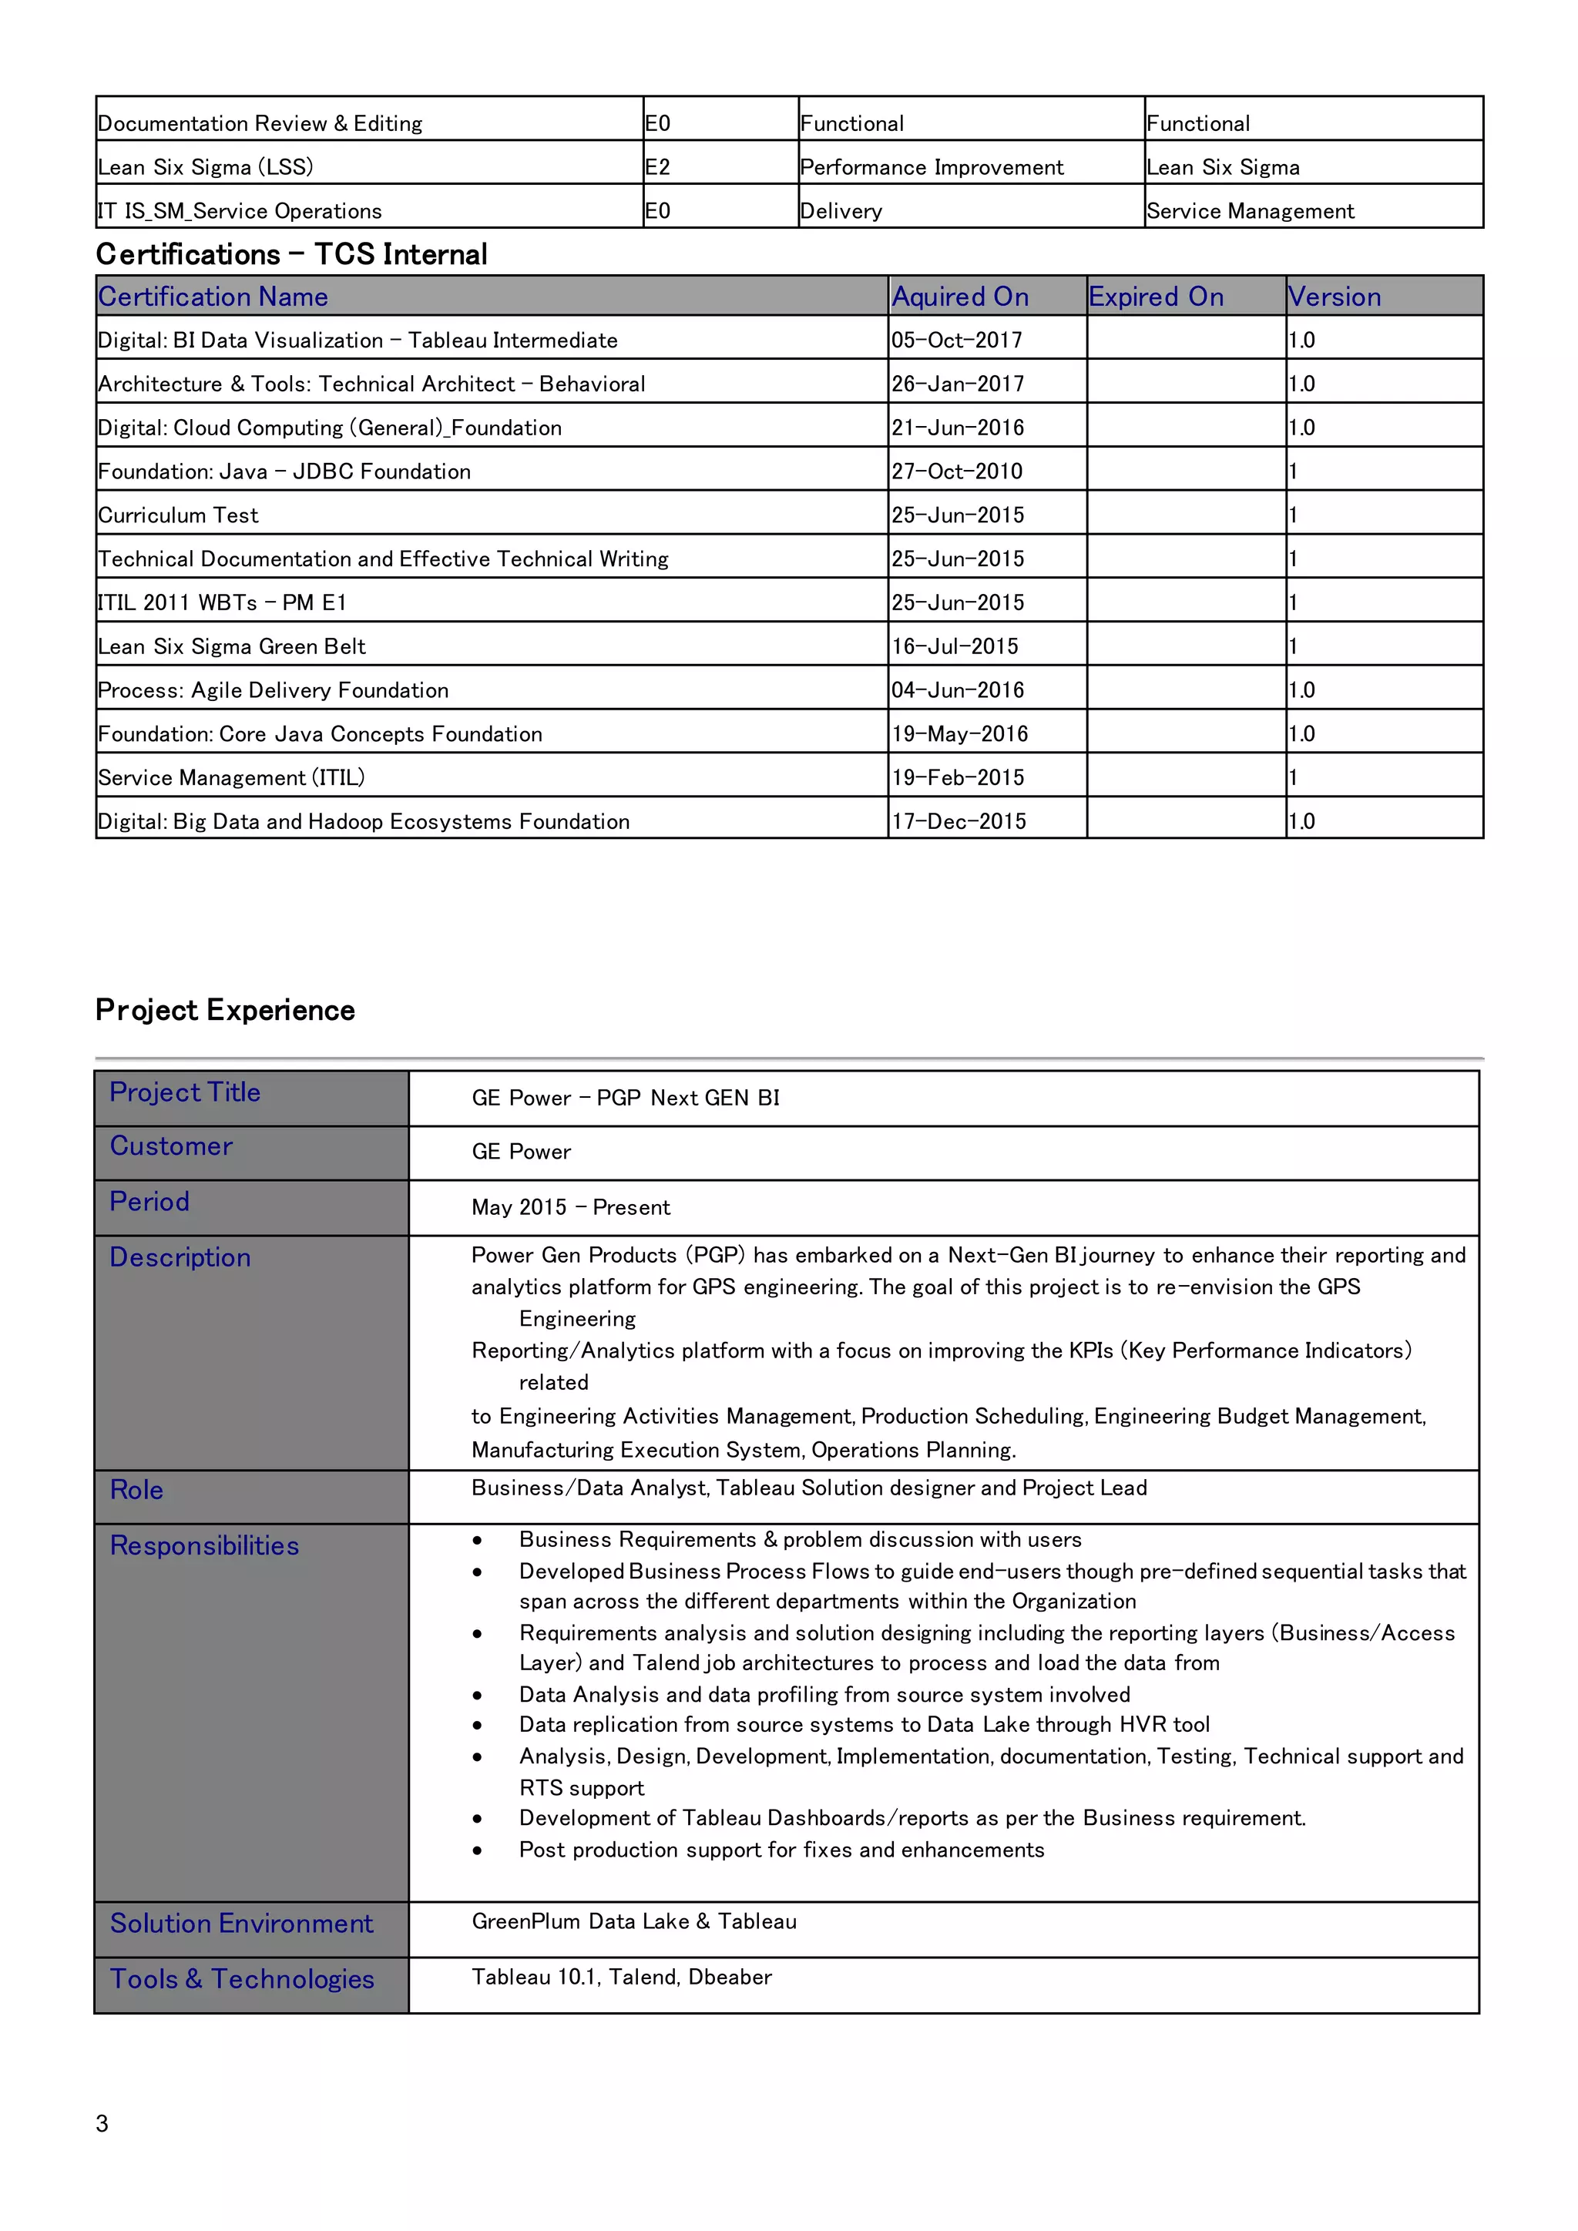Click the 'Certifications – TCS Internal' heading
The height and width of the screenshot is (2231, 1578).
coord(291,254)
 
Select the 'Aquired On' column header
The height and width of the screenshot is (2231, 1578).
coord(959,297)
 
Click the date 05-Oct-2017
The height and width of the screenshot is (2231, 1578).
coord(956,340)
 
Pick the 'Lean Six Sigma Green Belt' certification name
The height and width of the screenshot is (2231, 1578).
coord(231,646)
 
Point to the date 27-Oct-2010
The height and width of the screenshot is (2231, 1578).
coord(956,471)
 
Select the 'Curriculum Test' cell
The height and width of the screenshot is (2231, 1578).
coord(178,515)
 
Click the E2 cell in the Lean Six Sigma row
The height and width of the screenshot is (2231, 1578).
coord(658,167)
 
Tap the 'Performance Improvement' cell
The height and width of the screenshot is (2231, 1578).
coord(931,167)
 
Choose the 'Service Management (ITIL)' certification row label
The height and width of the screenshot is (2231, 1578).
coord(231,777)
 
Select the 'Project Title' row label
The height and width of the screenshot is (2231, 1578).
coord(185,1092)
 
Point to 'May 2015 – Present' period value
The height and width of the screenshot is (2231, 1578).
coord(570,1207)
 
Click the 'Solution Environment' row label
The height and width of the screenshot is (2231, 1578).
coord(241,1923)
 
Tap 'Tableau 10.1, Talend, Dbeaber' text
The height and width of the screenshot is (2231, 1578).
coord(621,1977)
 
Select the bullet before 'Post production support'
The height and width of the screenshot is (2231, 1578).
coord(477,1850)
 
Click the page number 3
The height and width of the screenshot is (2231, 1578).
coord(102,2123)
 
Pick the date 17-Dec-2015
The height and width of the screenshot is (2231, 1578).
coord(958,821)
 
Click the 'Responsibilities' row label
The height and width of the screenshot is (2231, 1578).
coord(204,1545)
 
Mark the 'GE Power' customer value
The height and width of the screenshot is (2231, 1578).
coord(521,1152)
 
